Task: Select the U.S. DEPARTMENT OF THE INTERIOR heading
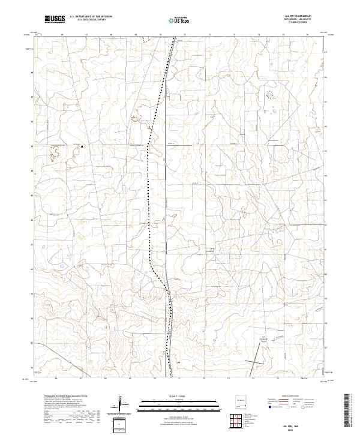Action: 91,17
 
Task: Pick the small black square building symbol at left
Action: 82,145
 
